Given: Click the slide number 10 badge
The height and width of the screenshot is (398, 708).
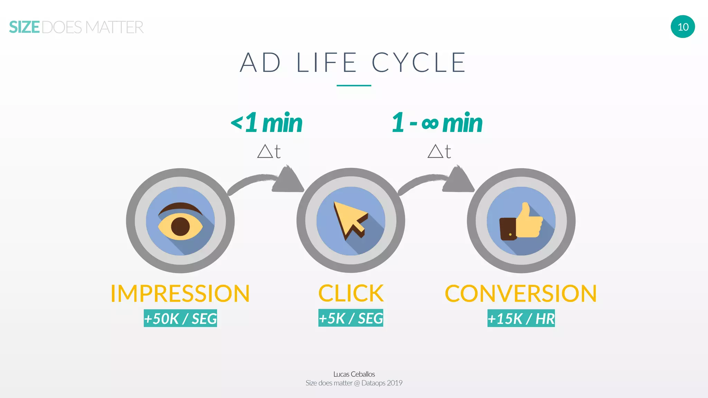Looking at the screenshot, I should click(x=683, y=27).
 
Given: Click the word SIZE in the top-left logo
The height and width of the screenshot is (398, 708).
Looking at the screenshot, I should click(x=25, y=27).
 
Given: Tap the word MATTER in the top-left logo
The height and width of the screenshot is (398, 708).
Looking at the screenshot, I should click(x=114, y=27).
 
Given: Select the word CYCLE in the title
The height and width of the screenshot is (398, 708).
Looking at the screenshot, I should click(x=419, y=63).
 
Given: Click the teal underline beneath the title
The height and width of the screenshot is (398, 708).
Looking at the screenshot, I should click(x=354, y=85).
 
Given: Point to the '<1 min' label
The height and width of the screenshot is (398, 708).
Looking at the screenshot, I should click(x=267, y=123).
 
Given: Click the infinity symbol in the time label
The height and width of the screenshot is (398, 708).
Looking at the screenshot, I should click(x=430, y=123).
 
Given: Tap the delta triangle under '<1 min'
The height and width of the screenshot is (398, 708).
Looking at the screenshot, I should click(x=265, y=151).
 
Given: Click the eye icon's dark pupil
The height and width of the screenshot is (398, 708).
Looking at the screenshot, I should click(x=180, y=226).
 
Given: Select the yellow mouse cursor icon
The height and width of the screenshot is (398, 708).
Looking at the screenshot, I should click(x=349, y=219).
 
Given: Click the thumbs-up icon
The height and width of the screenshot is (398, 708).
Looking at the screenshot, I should click(x=522, y=221).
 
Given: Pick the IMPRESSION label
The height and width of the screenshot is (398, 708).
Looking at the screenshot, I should click(x=180, y=294).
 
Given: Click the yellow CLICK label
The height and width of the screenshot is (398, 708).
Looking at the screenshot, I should click(x=351, y=294).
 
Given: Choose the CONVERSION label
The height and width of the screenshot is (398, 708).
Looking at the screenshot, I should click(x=521, y=294).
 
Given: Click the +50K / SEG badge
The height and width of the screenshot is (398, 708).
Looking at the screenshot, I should click(x=180, y=318).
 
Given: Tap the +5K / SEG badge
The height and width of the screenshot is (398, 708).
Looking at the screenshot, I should click(x=351, y=318).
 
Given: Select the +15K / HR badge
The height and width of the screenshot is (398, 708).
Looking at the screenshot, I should click(x=521, y=318).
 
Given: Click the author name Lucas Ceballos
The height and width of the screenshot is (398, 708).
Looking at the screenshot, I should click(x=354, y=374).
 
